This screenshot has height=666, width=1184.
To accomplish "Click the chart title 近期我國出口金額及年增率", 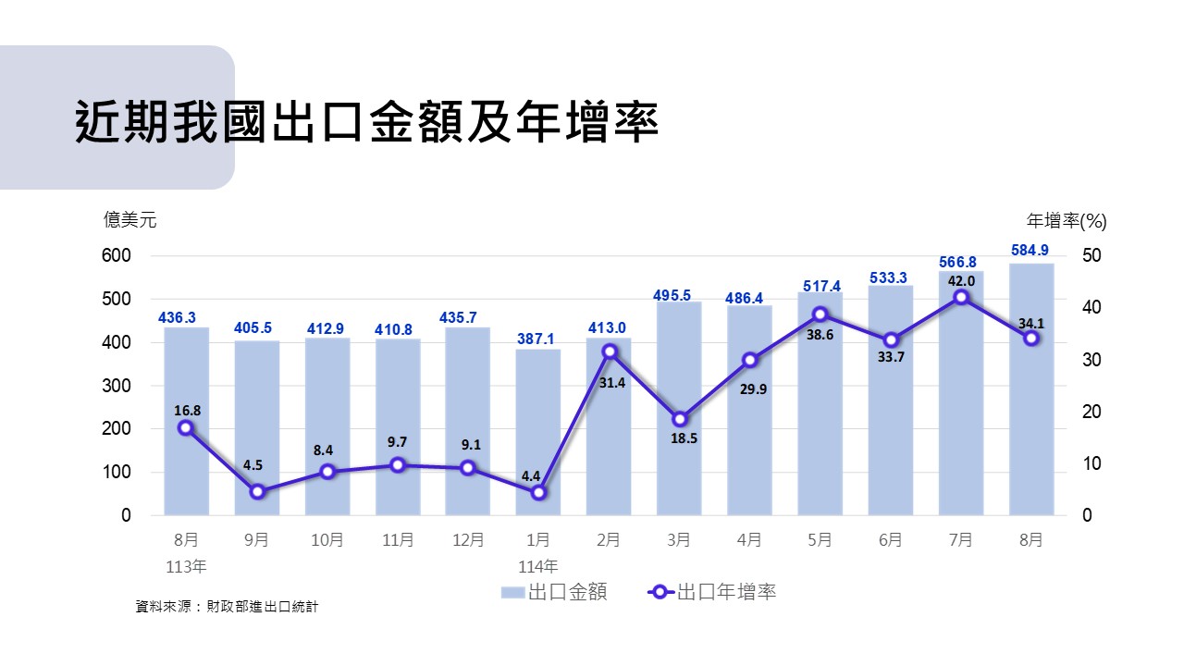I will coord(366,122).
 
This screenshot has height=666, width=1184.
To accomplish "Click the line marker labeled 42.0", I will coord(961,297).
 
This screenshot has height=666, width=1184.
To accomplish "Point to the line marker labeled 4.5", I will coord(257,492).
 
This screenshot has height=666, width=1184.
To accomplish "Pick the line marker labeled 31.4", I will coord(609,351).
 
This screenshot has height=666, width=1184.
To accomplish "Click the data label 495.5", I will coord(679,295).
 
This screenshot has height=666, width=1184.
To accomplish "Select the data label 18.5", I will coord(684,438).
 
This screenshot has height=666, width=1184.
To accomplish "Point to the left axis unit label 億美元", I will coord(130,220).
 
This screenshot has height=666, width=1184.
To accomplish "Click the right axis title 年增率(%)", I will coord(1067,221).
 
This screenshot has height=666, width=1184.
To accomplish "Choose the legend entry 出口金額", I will coord(554,592).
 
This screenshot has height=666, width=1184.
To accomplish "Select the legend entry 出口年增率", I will coord(713,592).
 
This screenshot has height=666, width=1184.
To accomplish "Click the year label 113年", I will coord(187,566).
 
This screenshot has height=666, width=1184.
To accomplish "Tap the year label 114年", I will coord(538,566).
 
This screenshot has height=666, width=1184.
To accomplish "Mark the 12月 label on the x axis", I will coord(468,540).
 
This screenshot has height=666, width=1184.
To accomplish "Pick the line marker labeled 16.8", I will coord(186,427).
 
